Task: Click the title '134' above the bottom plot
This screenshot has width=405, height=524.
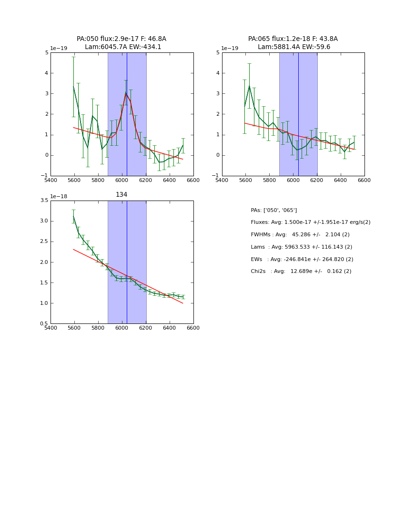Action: click(121, 194)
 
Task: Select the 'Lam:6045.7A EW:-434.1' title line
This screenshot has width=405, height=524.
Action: click(123, 47)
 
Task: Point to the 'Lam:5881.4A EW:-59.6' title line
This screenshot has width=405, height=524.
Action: click(294, 47)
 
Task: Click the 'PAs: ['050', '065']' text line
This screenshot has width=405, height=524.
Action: click(273, 210)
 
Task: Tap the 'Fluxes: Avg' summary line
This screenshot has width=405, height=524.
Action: click(310, 222)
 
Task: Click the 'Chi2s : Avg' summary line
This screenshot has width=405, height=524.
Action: click(301, 271)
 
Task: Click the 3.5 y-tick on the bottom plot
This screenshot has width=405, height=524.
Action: click(44, 201)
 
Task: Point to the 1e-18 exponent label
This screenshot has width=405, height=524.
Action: click(59, 196)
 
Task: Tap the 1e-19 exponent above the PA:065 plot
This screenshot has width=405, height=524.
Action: click(230, 48)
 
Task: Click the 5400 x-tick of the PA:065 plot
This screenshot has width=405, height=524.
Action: click(222, 180)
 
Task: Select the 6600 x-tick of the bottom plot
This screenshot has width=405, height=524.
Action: click(193, 328)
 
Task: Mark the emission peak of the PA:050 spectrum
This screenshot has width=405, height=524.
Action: click(126, 92)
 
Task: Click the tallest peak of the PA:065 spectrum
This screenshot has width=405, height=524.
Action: click(249, 86)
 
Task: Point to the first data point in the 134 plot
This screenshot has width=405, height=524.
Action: click(73, 216)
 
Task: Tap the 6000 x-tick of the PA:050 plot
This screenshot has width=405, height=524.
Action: click(122, 180)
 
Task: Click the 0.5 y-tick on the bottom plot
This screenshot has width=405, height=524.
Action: click(44, 324)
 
